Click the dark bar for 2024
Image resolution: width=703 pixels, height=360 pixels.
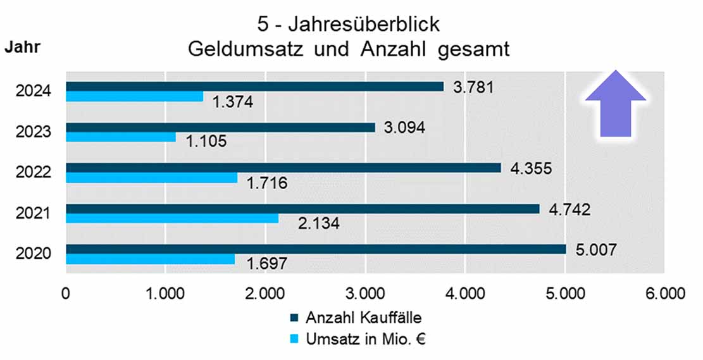(x=254, y=87)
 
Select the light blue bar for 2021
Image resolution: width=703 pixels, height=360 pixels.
(x=172, y=218)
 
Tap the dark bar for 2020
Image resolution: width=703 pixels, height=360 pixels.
(x=316, y=249)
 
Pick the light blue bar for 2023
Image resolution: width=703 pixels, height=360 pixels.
(x=121, y=137)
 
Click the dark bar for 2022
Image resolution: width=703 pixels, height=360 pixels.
(x=283, y=168)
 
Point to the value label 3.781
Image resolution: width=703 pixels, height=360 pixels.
(x=473, y=87)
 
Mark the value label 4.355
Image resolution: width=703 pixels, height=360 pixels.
(x=531, y=168)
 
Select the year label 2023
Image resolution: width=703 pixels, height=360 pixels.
(x=34, y=132)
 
